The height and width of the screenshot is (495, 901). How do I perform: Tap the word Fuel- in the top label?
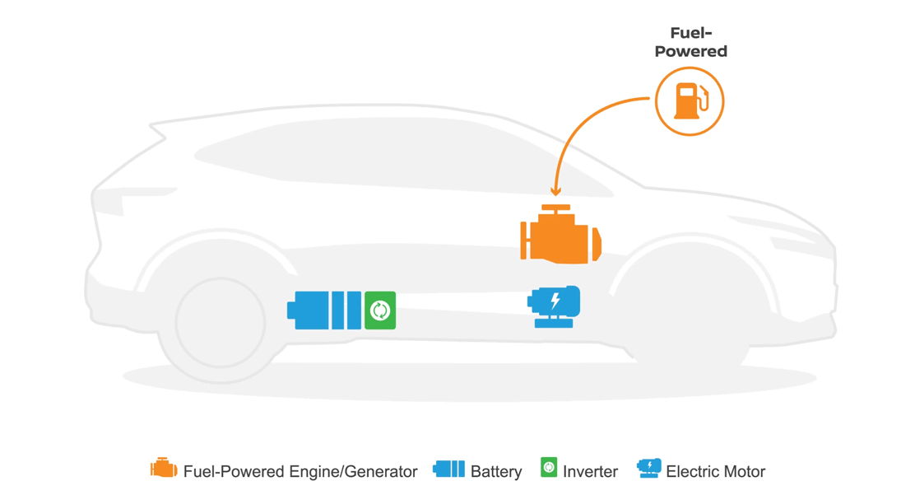[690, 34]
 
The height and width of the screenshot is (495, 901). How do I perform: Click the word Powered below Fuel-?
[690, 52]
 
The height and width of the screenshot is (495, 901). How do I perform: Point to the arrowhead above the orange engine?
[556, 192]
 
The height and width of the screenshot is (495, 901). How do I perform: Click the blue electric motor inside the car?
[555, 306]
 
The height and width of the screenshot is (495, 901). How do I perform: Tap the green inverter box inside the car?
[379, 311]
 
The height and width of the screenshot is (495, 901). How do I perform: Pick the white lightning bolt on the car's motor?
[555, 301]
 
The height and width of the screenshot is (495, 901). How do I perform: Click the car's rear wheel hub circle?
[220, 322]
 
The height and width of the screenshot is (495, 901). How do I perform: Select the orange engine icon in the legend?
[164, 469]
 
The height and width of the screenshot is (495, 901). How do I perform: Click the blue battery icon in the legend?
[448, 469]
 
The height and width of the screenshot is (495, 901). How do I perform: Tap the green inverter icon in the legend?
[549, 467]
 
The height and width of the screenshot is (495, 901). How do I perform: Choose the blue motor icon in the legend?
[649, 469]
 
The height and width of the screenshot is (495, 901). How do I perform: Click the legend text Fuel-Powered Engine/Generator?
[300, 472]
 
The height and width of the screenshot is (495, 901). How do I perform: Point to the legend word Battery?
[496, 472]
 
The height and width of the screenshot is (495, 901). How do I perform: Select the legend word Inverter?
[590, 472]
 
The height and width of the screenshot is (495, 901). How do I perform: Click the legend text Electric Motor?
[715, 472]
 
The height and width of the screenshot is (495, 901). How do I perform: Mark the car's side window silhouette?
[395, 161]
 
